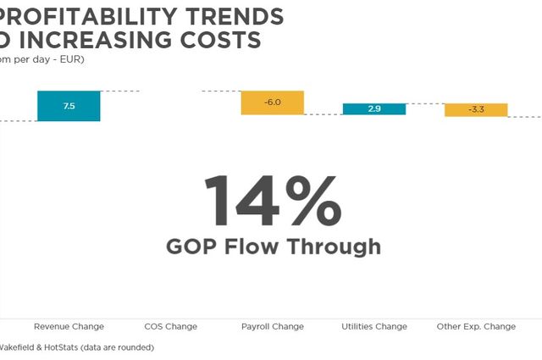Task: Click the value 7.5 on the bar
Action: point(69,107)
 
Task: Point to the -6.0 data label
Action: point(273,102)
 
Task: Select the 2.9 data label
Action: point(374,109)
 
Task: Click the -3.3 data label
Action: point(476,109)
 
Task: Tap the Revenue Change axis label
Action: point(69,326)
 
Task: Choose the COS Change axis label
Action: point(170,326)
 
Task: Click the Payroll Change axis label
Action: point(273,326)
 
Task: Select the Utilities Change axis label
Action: point(374,326)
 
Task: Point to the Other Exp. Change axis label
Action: point(476,326)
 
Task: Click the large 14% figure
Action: point(272,201)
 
